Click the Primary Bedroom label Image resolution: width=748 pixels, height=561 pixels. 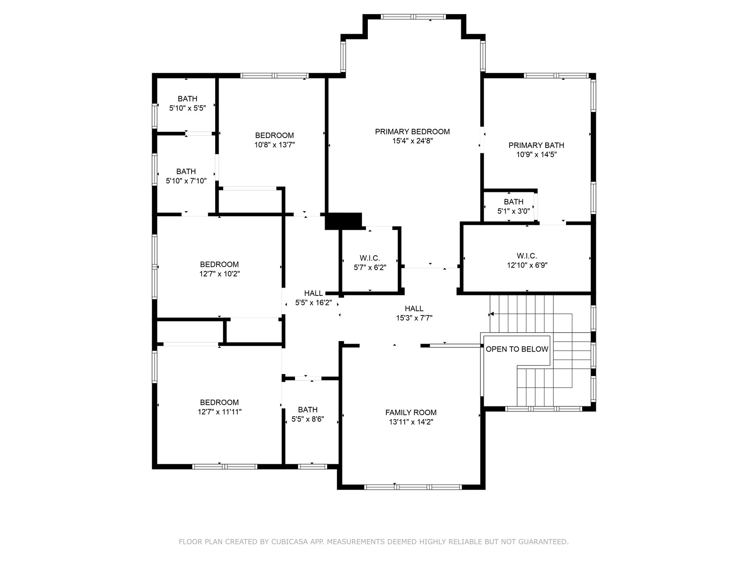pyautogui.click(x=412, y=132)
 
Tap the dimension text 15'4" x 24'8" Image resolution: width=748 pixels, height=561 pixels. pyautogui.click(x=412, y=141)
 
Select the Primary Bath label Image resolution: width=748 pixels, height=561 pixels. pyautogui.click(x=536, y=145)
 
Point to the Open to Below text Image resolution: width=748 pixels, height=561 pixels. pyautogui.click(x=517, y=349)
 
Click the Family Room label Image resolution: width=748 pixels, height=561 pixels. pyautogui.click(x=411, y=413)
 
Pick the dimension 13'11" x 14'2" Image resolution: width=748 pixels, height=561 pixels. pyautogui.click(x=411, y=422)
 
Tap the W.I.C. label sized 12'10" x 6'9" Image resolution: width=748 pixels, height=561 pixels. pyautogui.click(x=527, y=256)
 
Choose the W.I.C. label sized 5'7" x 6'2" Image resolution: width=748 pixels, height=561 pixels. pyautogui.click(x=370, y=258)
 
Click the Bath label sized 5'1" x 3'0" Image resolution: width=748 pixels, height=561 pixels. pyautogui.click(x=514, y=202)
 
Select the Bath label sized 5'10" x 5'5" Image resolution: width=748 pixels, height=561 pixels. pyautogui.click(x=187, y=99)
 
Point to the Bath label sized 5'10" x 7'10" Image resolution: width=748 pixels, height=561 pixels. pyautogui.click(x=186, y=172)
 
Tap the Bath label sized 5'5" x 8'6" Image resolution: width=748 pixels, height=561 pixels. pyautogui.click(x=308, y=410)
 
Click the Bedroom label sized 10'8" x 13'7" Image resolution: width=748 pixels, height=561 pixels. pyautogui.click(x=274, y=135)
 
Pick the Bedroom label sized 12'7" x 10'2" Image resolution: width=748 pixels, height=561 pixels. pyautogui.click(x=219, y=265)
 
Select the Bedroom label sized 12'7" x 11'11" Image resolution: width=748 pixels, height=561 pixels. pyautogui.click(x=219, y=403)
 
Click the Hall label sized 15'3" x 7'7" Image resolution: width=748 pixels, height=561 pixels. pyautogui.click(x=414, y=309)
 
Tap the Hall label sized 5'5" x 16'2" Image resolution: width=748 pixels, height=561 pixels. pyautogui.click(x=313, y=293)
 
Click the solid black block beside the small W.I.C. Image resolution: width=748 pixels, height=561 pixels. pyautogui.click(x=343, y=221)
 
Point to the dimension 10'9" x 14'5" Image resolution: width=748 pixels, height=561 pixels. pyautogui.click(x=536, y=155)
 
